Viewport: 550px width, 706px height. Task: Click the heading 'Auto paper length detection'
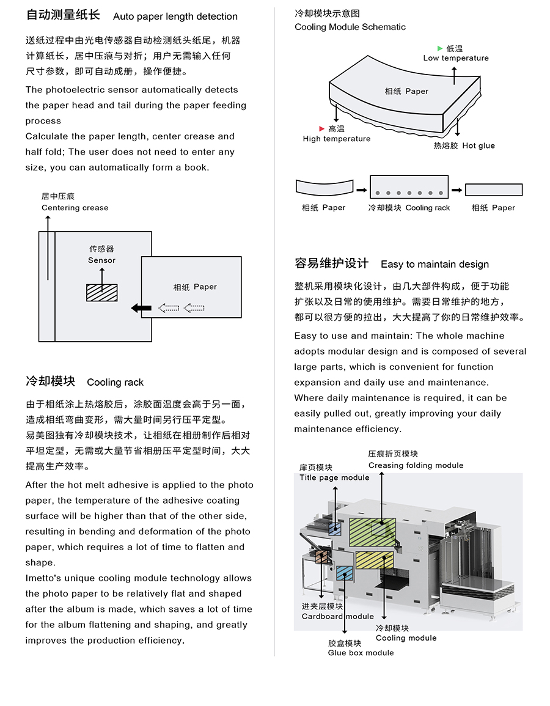click(175, 17)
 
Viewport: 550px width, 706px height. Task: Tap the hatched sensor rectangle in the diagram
click(101, 292)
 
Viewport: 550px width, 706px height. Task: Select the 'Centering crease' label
click(75, 208)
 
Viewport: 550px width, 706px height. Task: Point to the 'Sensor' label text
click(101, 260)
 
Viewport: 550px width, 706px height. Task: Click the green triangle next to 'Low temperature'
click(440, 48)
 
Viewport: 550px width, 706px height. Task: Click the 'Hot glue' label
click(479, 145)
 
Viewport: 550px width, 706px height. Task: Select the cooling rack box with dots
click(409, 186)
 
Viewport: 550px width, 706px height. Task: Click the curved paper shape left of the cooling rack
click(324, 187)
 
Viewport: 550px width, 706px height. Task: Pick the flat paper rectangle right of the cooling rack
click(494, 189)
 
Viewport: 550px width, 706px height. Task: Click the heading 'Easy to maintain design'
click(435, 265)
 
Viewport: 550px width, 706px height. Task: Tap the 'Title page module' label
click(334, 477)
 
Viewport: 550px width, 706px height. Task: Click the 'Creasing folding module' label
click(416, 465)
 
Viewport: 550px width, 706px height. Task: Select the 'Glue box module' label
click(361, 653)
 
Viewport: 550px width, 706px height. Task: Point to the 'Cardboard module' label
click(337, 616)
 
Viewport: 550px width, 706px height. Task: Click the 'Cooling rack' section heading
click(116, 383)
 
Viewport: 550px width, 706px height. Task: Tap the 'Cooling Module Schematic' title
click(350, 27)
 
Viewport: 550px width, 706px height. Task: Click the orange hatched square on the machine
click(320, 556)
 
